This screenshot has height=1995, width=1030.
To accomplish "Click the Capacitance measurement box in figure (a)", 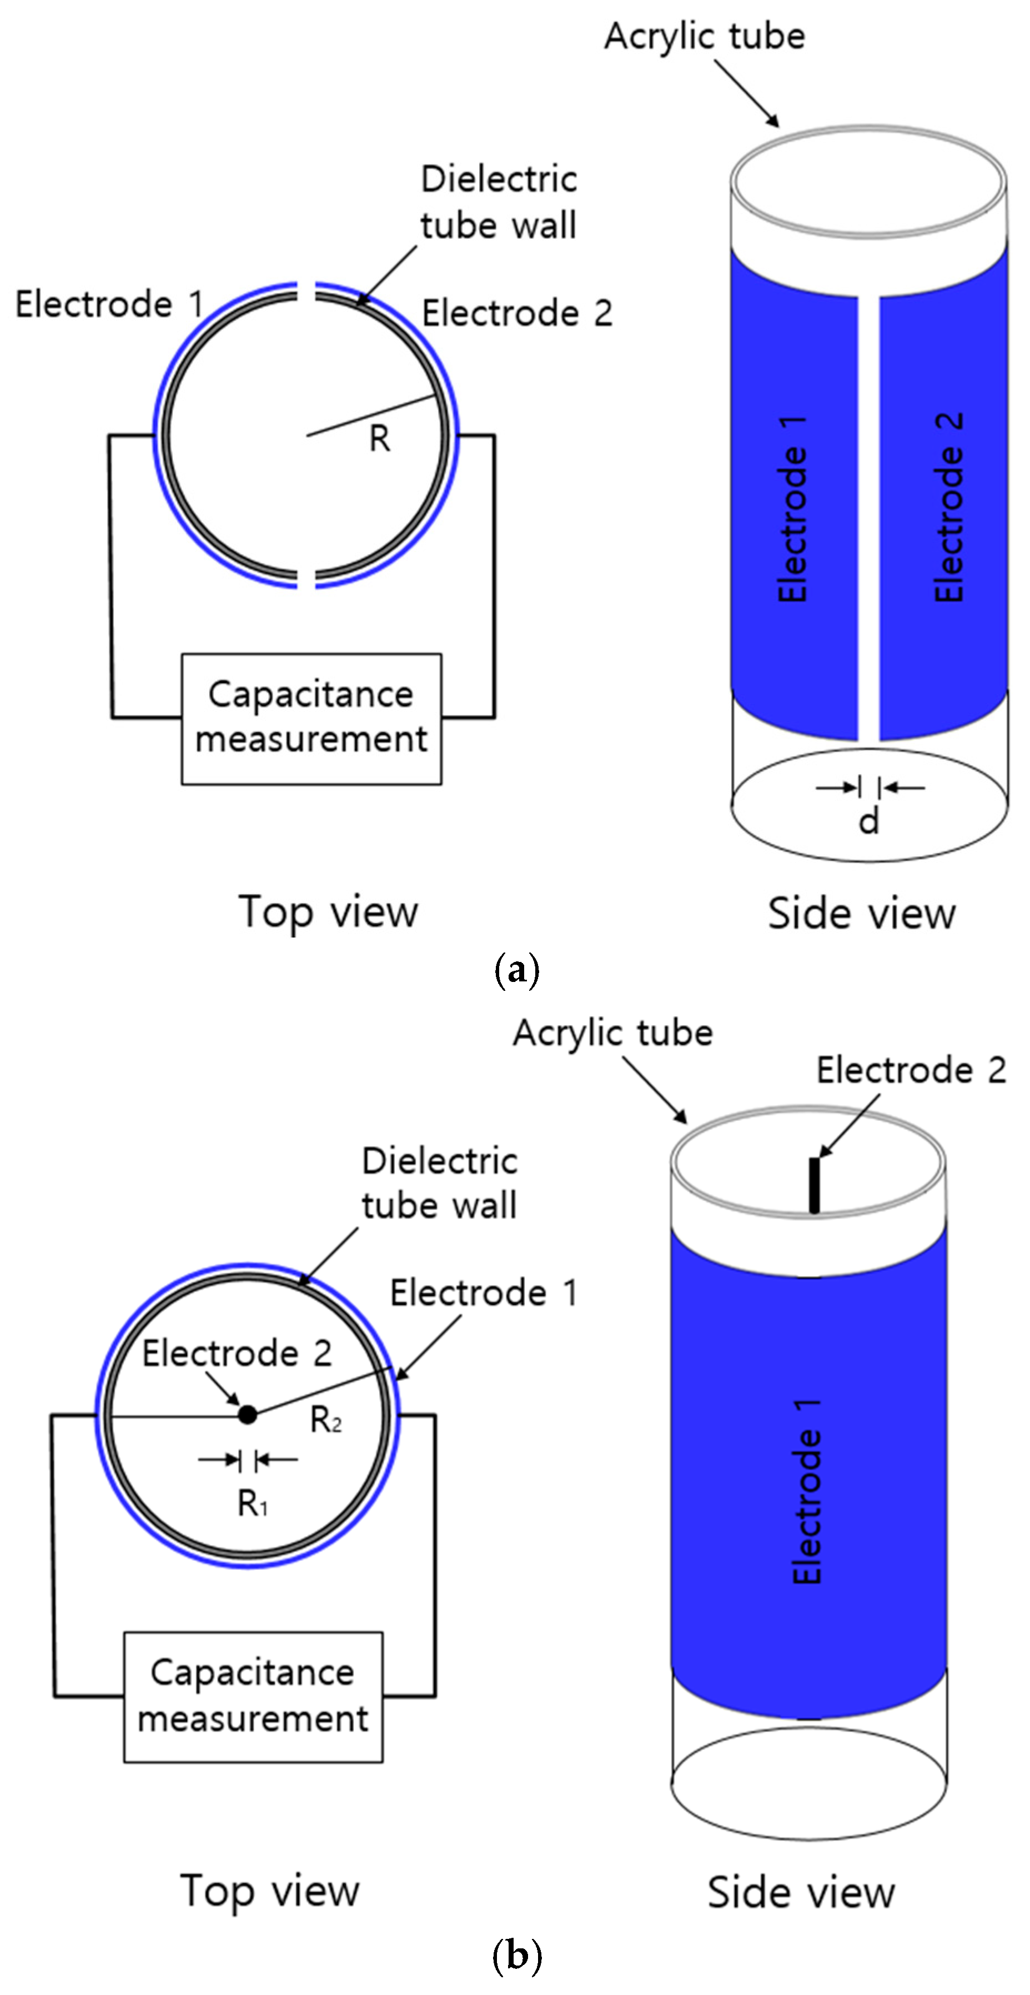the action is tap(311, 719).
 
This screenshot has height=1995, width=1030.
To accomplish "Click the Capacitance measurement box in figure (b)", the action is tap(253, 1697).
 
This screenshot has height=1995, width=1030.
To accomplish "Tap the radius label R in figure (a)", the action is tap(379, 438).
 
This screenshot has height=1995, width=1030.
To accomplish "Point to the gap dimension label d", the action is tap(869, 820).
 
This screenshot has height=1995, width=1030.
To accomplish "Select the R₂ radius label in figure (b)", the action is tap(326, 1420).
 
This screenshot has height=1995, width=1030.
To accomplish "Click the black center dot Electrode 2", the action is tap(247, 1414).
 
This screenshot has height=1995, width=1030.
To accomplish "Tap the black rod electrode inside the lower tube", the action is tap(814, 1185).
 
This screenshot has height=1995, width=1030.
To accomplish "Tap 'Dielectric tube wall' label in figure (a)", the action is tap(499, 202).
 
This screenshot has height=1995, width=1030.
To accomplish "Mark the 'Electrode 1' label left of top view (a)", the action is tap(109, 304).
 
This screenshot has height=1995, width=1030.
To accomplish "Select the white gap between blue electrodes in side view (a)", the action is tap(868, 517).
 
